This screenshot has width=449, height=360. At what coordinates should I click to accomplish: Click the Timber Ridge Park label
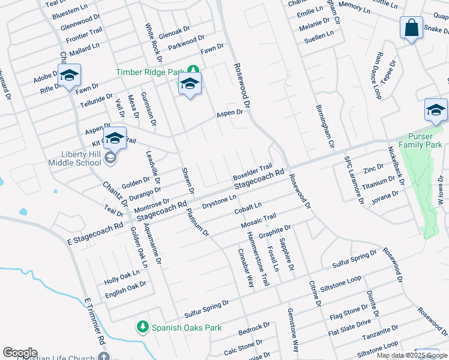pos(151,72)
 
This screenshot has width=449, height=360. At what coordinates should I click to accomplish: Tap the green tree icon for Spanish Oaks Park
pos(143,327)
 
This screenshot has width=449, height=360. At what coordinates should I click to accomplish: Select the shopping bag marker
pos(411,28)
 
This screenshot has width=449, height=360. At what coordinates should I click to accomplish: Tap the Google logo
pos(20,353)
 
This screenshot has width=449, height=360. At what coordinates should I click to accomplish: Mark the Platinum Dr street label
pos(197,222)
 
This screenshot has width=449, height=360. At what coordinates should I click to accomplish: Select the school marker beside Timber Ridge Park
pos(190,85)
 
